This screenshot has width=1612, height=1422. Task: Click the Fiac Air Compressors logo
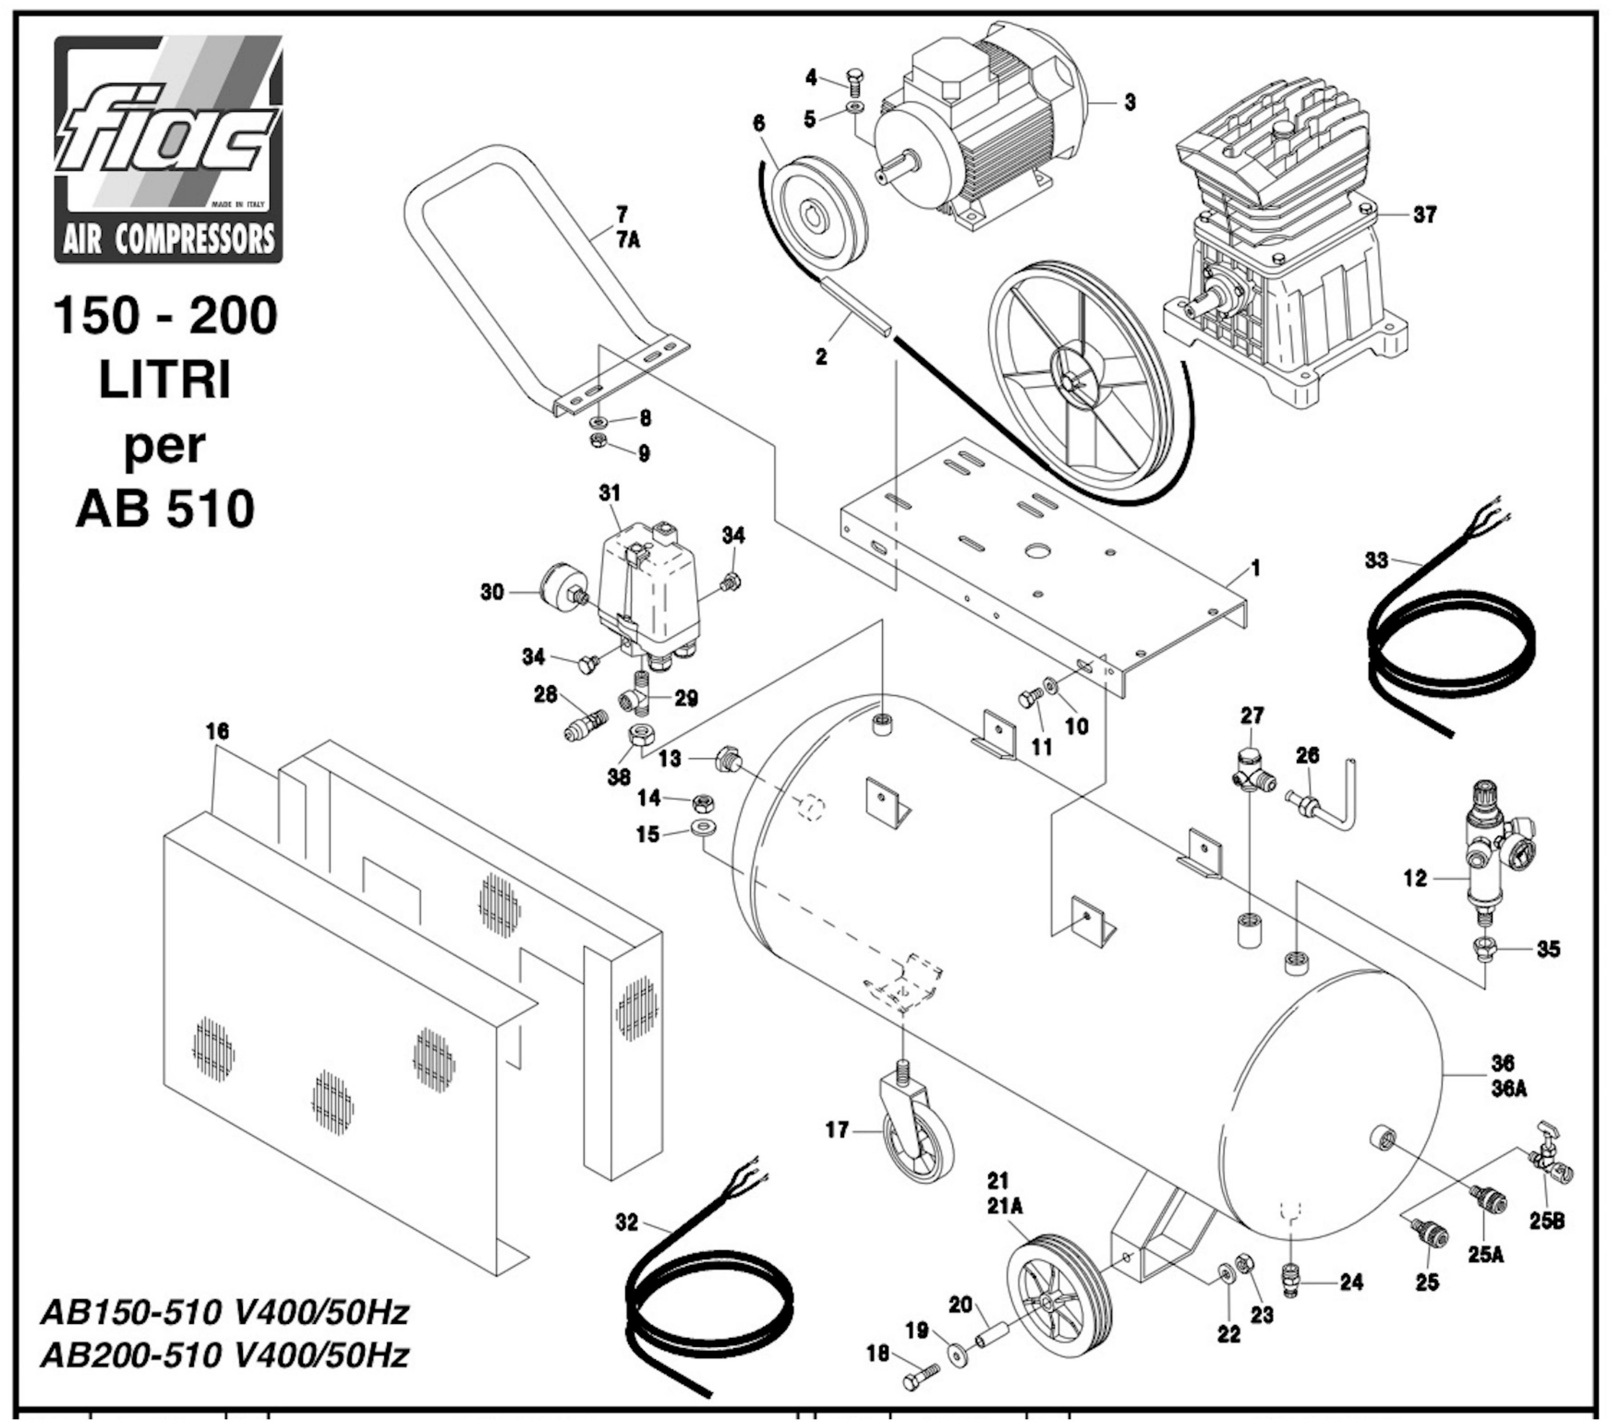click(168, 149)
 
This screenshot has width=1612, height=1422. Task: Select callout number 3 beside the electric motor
click(1130, 103)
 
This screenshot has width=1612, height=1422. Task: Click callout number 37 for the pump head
click(1424, 215)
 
